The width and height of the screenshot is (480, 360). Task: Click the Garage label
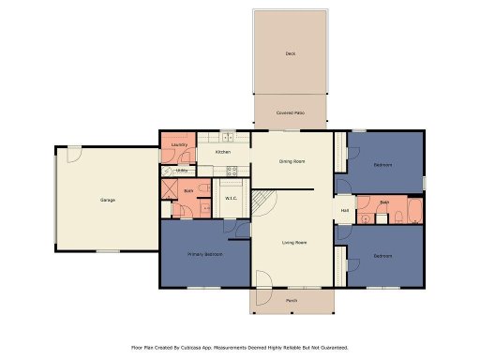(108, 200)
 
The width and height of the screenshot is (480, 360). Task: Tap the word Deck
(291, 54)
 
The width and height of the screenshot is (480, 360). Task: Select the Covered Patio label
(290, 112)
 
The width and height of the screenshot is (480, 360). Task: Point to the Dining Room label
(292, 161)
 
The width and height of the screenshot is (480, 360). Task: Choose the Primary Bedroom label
(203, 254)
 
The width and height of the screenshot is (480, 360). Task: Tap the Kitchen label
(223, 152)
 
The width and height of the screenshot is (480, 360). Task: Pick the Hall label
(345, 210)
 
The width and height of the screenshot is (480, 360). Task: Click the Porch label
(292, 301)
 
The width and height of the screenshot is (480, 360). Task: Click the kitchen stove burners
(232, 171)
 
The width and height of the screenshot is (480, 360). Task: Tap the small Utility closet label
(181, 170)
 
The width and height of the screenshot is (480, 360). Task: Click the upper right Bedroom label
(382, 165)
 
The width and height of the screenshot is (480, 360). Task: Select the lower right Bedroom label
(382, 255)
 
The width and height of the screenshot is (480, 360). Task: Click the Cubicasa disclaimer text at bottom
(240, 346)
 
